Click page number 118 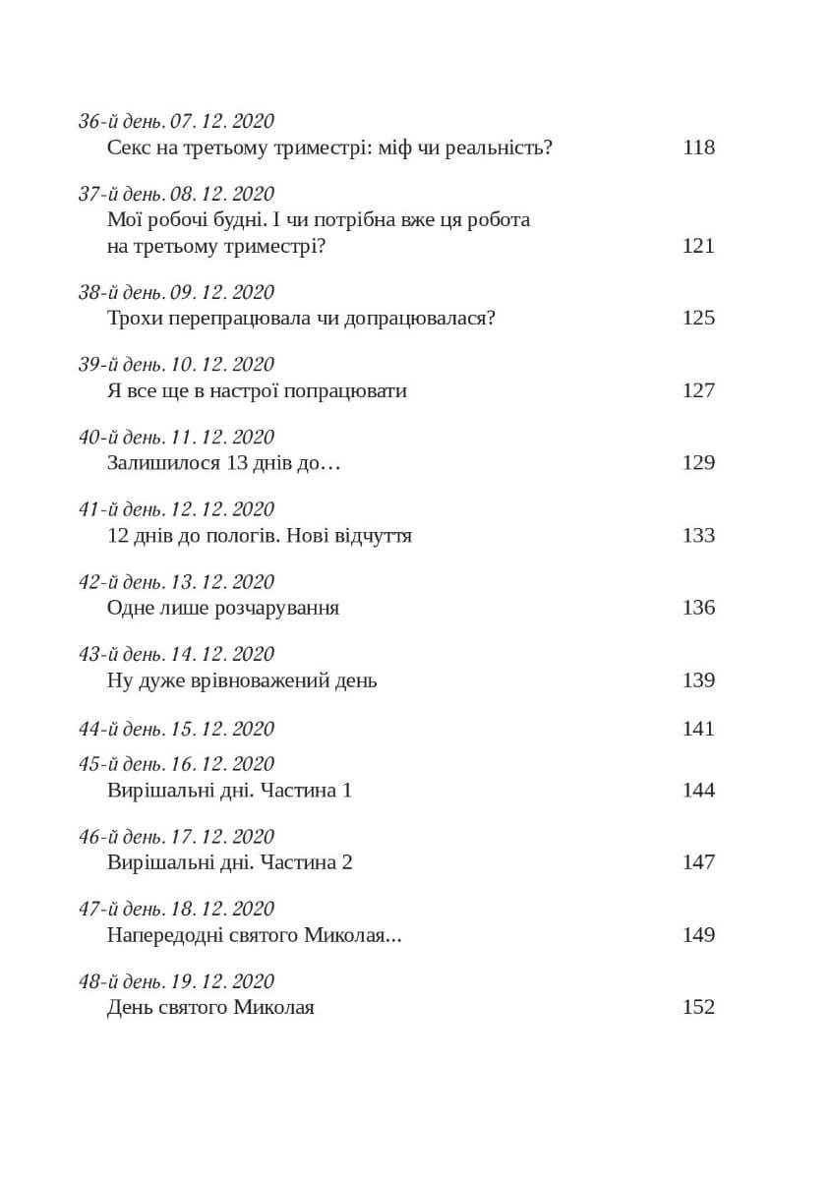click(x=698, y=147)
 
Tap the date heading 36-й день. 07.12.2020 click(x=176, y=122)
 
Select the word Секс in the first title click(x=129, y=147)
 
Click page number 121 click(x=698, y=245)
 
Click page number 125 click(x=698, y=318)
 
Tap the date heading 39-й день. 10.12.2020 click(x=176, y=365)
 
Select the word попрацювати click(x=353, y=390)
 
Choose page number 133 click(x=698, y=535)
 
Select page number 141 click(x=698, y=729)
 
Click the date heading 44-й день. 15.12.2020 click(x=176, y=729)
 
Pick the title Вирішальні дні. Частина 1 click(x=228, y=790)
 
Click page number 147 click(x=698, y=862)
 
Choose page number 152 click(x=698, y=1007)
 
